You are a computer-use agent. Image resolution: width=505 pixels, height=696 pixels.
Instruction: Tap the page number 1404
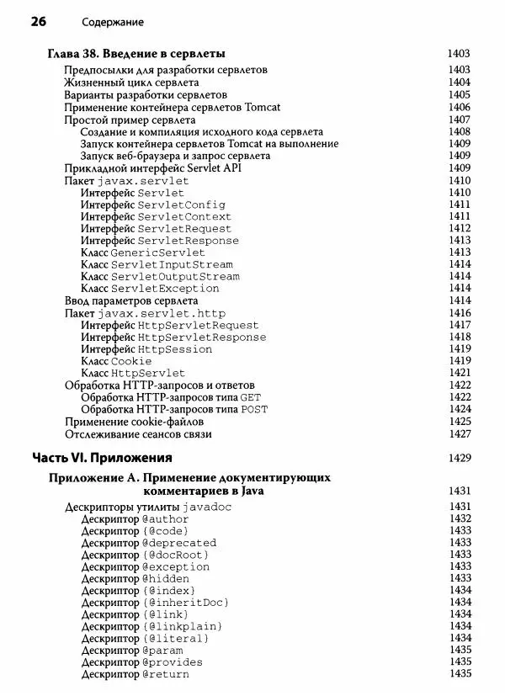click(459, 82)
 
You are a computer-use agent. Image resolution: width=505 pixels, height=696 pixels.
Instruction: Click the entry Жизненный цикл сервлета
click(131, 82)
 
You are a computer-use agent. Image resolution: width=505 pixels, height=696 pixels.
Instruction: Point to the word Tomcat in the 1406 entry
click(246, 108)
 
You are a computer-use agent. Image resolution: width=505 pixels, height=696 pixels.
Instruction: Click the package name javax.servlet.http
click(161, 313)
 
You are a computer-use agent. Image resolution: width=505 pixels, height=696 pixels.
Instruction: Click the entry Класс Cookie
click(116, 361)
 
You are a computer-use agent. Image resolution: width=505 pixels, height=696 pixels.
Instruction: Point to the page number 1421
click(459, 373)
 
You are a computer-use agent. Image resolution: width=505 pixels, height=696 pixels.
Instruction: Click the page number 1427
click(459, 434)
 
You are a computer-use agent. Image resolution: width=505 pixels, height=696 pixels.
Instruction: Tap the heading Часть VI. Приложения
click(102, 459)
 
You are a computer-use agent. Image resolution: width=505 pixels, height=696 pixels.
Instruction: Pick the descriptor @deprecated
click(179, 543)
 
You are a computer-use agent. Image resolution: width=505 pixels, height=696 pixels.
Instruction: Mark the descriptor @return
click(166, 674)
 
